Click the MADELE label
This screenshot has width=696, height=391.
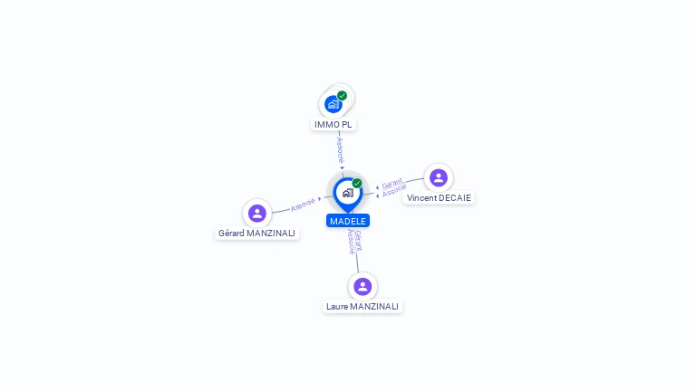pos(348,221)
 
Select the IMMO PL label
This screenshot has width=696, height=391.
pos(333,124)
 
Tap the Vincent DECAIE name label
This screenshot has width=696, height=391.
pos(439,197)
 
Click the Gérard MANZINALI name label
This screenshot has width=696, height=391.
pos(257,233)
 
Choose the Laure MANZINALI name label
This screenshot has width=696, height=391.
pos(362,306)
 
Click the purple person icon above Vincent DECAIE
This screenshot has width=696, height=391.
pos(439,177)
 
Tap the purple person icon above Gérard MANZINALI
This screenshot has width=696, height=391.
pos(257,213)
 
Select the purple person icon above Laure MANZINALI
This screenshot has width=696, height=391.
pos(362,286)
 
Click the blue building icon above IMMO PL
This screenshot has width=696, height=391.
pos(333,104)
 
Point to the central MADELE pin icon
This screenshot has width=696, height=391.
pos(347,192)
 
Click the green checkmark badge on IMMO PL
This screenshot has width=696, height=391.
pos(342,95)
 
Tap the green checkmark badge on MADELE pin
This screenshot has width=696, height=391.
pos(357,183)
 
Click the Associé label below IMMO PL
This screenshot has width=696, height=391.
pos(341,149)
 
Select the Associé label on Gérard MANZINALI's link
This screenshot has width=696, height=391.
pos(303,203)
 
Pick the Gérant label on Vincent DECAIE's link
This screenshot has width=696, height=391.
pos(391,184)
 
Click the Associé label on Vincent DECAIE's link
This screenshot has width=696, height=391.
pos(394,192)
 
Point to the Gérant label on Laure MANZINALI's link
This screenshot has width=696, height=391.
pos(358,240)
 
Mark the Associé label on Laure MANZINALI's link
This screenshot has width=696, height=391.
pos(351,242)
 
